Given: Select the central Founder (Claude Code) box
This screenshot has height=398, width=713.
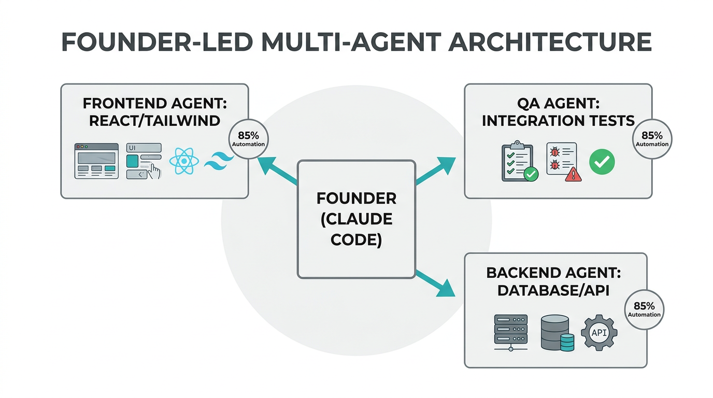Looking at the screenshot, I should [x=356, y=219].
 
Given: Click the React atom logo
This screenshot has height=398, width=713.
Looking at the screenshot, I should [x=184, y=161].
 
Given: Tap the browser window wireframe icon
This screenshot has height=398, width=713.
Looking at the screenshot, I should [x=96, y=161].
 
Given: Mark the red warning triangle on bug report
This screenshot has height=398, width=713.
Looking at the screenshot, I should [x=573, y=175].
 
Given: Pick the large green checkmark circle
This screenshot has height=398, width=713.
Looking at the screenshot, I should [x=602, y=162].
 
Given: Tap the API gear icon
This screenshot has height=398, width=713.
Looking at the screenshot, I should [x=599, y=332].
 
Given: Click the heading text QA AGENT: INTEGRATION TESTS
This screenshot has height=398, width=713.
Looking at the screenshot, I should [x=558, y=112].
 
